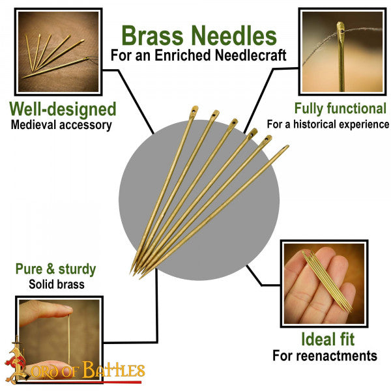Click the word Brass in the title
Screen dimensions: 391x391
point(152,36)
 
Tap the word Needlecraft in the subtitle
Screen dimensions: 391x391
point(250,55)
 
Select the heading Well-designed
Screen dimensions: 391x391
point(63,109)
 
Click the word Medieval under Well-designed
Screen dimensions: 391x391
point(33,124)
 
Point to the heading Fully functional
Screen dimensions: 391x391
point(340,108)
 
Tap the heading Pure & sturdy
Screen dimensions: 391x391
point(55,269)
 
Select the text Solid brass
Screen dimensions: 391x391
point(57,284)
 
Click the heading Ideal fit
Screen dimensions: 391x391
point(328,339)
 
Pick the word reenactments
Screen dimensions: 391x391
point(338,356)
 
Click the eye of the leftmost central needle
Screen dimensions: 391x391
point(194,109)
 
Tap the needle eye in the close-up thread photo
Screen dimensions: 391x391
point(342,31)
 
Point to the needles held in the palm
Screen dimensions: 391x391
point(327,282)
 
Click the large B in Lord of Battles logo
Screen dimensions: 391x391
point(88,369)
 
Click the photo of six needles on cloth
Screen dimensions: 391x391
point(59,51)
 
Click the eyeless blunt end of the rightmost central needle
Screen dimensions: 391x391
point(287,146)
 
